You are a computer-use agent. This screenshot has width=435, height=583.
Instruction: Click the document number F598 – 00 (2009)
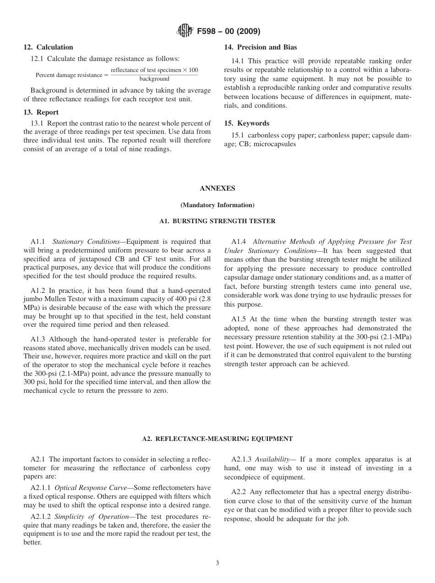(x=228, y=32)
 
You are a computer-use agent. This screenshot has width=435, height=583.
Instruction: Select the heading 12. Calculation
(x=48, y=47)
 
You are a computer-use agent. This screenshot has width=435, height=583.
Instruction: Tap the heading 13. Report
(x=41, y=112)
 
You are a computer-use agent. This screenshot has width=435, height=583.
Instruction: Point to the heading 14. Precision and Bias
(x=260, y=47)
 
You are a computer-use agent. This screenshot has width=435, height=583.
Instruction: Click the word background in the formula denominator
(x=154, y=79)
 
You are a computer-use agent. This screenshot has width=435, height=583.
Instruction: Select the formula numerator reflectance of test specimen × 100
(x=154, y=70)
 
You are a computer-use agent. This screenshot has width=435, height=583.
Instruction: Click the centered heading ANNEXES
(x=217, y=188)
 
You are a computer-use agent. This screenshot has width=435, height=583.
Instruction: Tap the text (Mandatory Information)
(x=217, y=205)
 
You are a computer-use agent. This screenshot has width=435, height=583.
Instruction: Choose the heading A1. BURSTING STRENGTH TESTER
(x=217, y=221)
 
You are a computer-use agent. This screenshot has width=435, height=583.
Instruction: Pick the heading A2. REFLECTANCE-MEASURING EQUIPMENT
(x=217, y=439)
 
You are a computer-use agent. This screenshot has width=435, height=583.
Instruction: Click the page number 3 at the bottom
(x=217, y=563)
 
